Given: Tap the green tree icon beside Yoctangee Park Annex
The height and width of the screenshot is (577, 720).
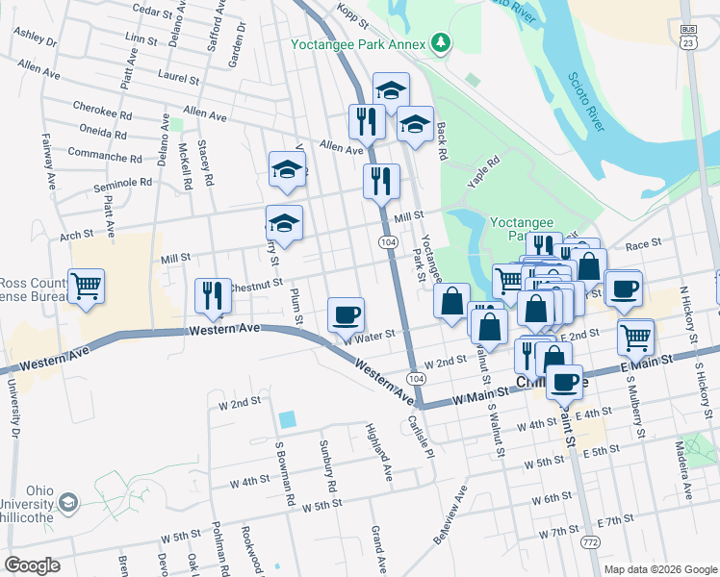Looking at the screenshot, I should (x=441, y=41).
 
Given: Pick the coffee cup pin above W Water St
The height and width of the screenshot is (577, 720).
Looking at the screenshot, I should (x=346, y=314).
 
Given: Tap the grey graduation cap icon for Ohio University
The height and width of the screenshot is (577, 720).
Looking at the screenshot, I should (x=68, y=503).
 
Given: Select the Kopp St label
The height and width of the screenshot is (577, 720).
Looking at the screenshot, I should (x=354, y=11).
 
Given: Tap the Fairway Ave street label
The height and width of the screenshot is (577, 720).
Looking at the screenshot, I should (x=49, y=167).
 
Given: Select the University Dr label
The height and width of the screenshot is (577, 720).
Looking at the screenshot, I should (x=14, y=404).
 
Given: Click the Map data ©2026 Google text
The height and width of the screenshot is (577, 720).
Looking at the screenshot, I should (x=660, y=569).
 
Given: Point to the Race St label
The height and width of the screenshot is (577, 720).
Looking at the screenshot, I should (x=640, y=246).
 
